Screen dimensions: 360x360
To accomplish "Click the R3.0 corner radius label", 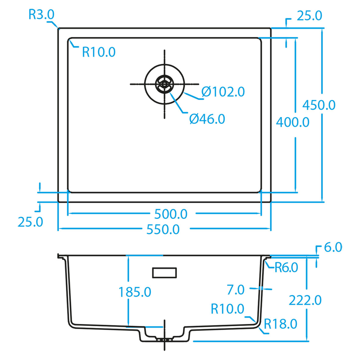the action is coord(41,14).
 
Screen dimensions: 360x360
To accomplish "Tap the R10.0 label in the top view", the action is coord(99,52).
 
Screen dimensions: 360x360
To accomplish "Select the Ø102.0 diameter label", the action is coord(223,91).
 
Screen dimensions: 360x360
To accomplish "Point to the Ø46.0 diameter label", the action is coord(207,119).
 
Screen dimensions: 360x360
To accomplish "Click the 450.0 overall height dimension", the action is coord(319,105).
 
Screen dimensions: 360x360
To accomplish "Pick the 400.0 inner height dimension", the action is coord(293,122).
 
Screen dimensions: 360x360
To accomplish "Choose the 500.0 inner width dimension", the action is coord(171,214).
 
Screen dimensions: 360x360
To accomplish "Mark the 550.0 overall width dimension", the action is coord(163,229).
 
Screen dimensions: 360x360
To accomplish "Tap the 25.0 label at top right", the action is coord(310,15).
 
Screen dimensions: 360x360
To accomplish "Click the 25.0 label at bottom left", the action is coord(30,222).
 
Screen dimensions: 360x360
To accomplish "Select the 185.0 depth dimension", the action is coord(135,292).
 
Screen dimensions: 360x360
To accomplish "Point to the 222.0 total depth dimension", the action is coord(305,300).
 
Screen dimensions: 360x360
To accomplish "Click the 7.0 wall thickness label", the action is coord(235,290).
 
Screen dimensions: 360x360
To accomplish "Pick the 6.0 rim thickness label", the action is coord(333,247).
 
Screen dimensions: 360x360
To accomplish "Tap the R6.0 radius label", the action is coord(286,267).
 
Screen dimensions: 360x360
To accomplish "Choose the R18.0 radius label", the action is coord(280,324).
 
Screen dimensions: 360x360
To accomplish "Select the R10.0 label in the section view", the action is coord(228,309).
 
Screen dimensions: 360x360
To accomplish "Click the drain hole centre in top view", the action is coord(165,84).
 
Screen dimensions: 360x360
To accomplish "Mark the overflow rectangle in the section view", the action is coord(165,273).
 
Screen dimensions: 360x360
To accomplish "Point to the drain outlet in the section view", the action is coord(165,339).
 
